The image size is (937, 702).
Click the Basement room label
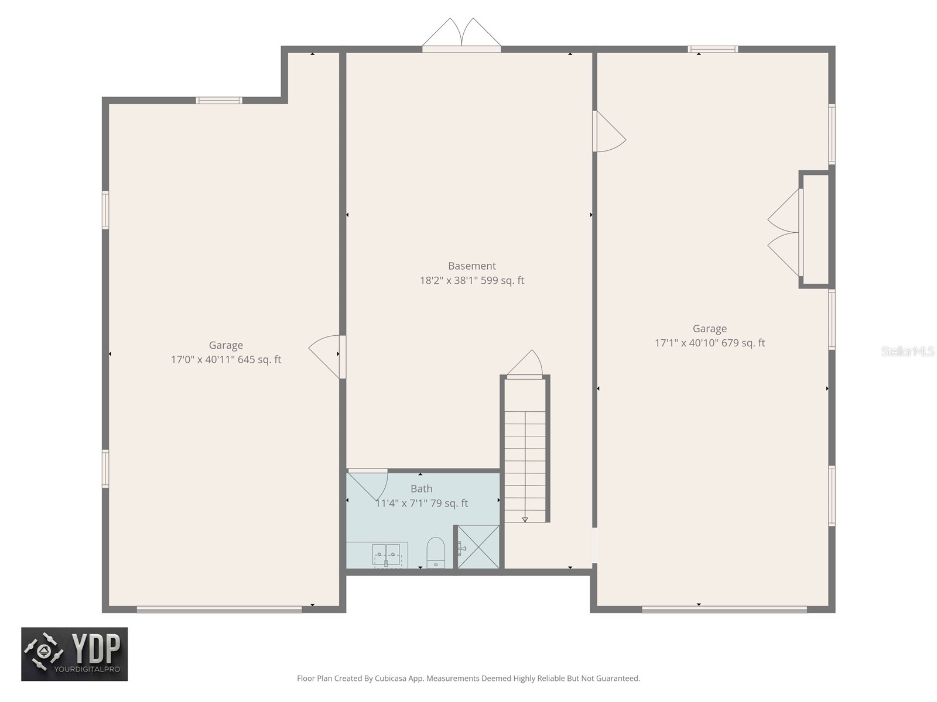pos(471,266)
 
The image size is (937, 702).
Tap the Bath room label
pos(421,488)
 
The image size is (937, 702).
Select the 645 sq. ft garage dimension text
pos(225,360)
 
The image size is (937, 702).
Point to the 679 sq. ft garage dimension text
pos(709,343)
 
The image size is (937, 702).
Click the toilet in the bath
pos(436,552)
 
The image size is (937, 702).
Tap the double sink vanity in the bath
pos(386,555)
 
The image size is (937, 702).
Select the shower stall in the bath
pos(478,547)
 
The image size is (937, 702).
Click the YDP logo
pos(74,654)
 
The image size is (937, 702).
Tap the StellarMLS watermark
pos(908,352)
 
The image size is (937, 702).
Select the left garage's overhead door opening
pos(219,610)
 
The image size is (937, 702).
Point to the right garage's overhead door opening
pos(724,610)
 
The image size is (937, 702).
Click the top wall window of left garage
pos(219,101)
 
